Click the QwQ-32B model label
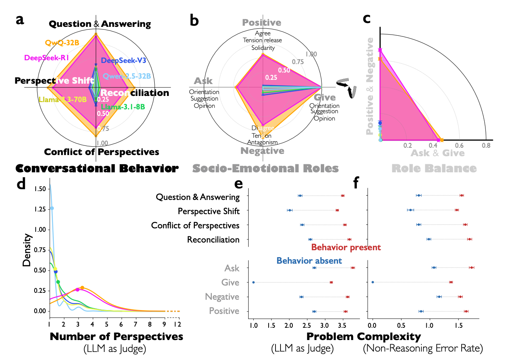tap(62, 43)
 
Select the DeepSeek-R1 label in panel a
tap(46, 58)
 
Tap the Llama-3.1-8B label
tap(123, 107)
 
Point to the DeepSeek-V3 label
tap(124, 61)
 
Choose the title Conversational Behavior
tap(97, 168)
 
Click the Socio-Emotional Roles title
tap(266, 168)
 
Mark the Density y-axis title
tap(26, 250)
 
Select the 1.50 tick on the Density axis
tap(40, 189)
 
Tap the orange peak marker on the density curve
tap(82, 287)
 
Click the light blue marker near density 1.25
tap(52, 208)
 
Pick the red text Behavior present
tap(346, 247)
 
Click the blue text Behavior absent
tap(309, 261)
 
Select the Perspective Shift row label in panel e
tap(208, 211)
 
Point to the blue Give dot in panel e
tap(253, 282)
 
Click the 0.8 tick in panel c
tap(486, 146)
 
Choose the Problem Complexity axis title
tap(363, 337)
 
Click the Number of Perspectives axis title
tap(116, 337)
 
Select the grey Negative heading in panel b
tap(262, 151)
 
